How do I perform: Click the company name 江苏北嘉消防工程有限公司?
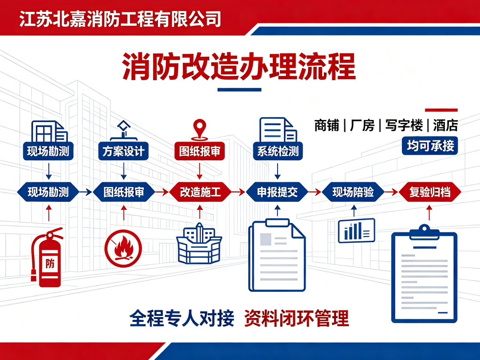pos(120,19)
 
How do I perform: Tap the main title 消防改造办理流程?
pos(239,67)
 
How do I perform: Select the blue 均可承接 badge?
pos(430,146)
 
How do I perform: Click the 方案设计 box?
pos(124,151)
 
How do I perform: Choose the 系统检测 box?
pos(278,151)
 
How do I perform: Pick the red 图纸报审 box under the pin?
pos(199,151)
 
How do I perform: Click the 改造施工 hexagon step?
pos(200,192)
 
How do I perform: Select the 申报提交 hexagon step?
pos(278,192)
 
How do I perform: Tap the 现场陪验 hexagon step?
pos(353,192)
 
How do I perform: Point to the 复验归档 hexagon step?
pos(430,192)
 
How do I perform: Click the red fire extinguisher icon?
pos(47,257)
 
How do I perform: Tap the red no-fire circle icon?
pos(123,249)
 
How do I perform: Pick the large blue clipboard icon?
pos(424,274)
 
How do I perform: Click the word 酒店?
pos(445,126)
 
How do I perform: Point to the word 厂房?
pos(362,126)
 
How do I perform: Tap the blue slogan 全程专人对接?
pos(182,318)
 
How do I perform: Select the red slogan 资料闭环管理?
pos(297,318)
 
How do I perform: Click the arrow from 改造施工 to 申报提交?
pos(238,192)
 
